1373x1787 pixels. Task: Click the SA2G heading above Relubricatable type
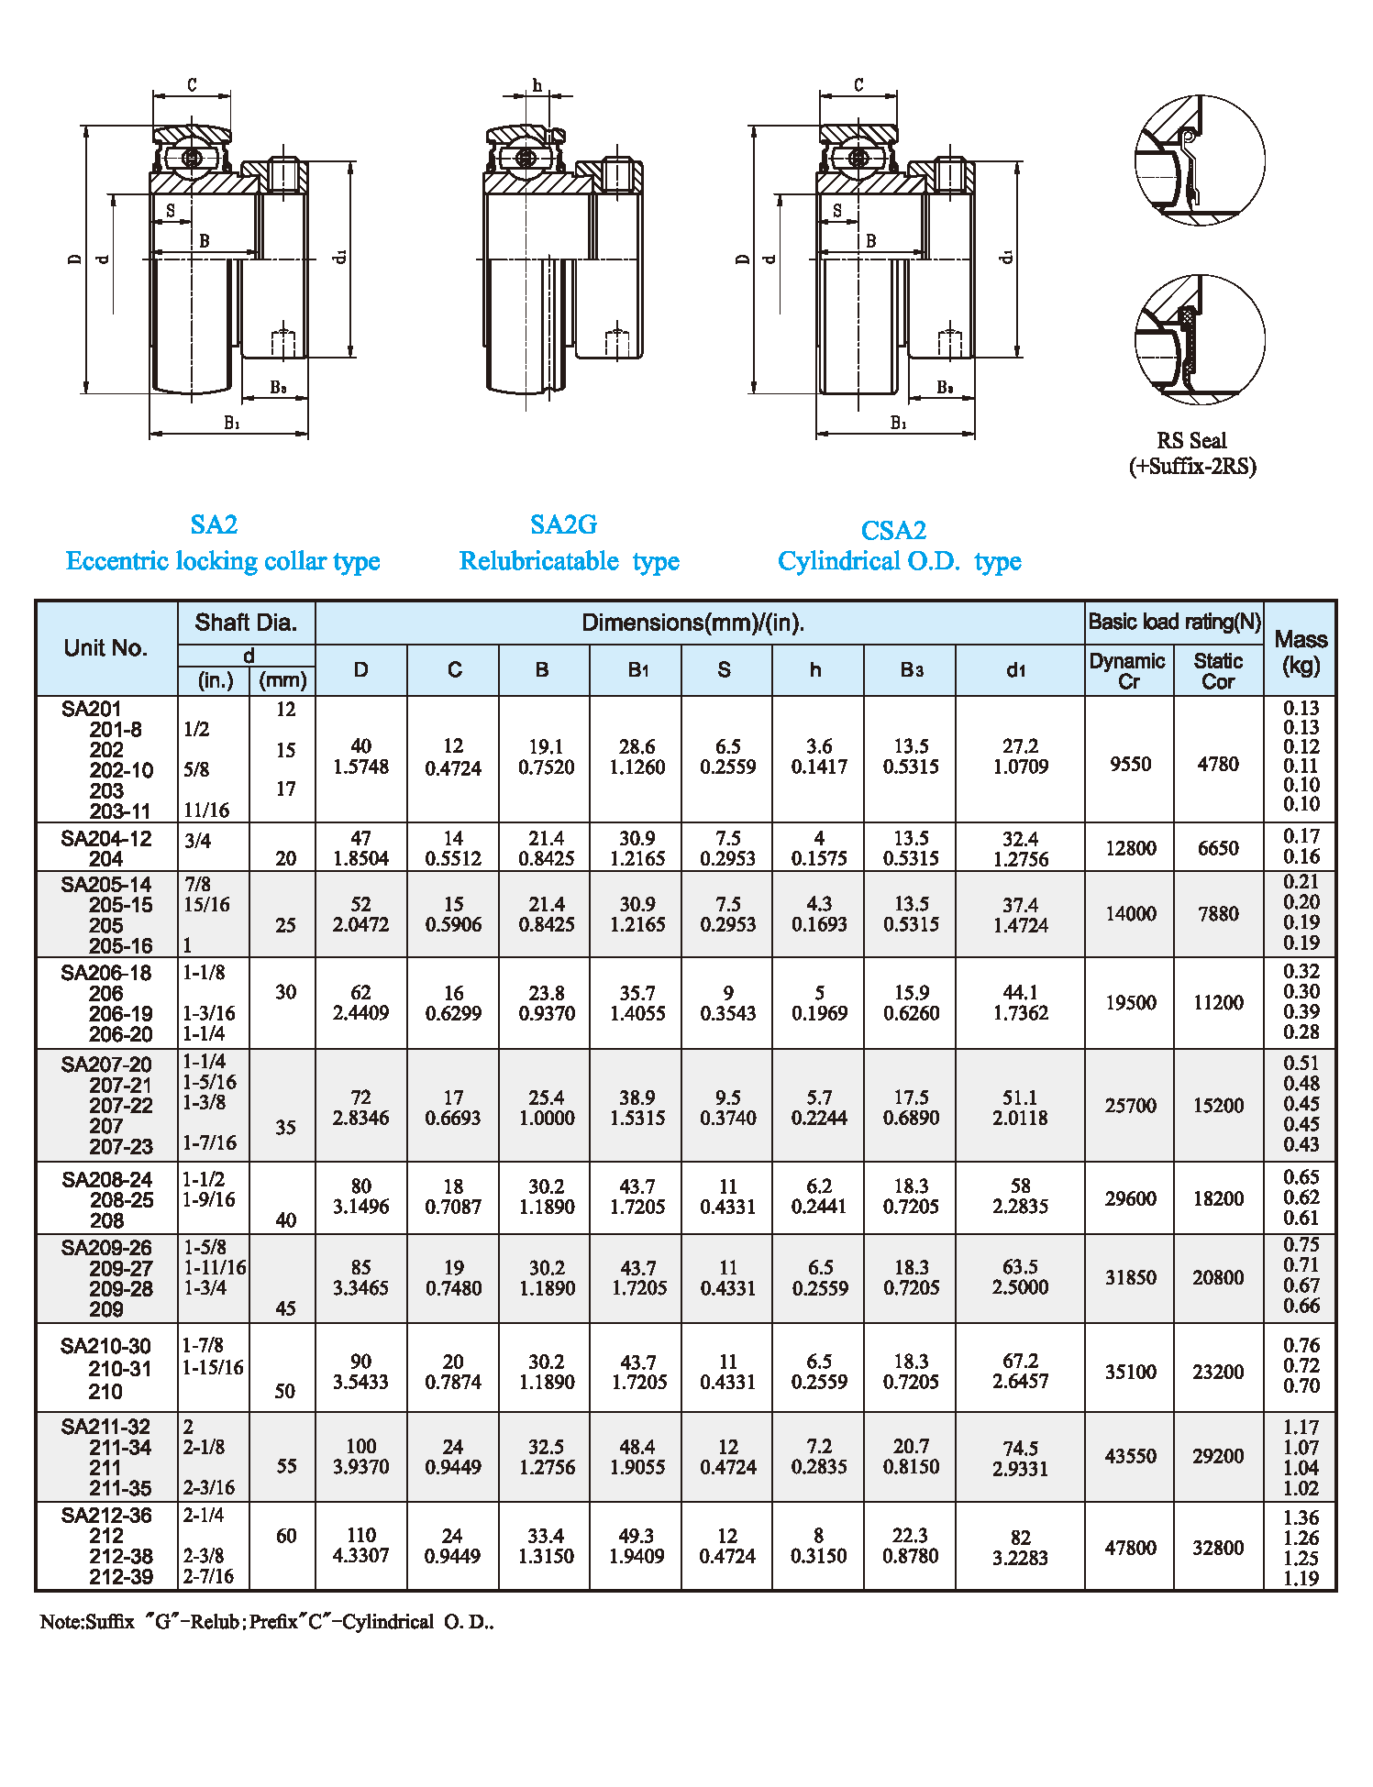coord(563,524)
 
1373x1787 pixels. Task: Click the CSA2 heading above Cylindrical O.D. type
coord(893,530)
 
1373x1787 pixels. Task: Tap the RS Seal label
coord(1191,441)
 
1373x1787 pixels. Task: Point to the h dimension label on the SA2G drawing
coord(537,85)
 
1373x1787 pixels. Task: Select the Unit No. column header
coord(105,648)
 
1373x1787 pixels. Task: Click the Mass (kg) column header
coord(1301,652)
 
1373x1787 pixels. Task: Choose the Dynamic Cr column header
coord(1127,670)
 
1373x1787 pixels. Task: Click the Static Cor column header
coord(1218,670)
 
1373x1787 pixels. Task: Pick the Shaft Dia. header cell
coord(246,623)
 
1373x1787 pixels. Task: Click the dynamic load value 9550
coord(1130,765)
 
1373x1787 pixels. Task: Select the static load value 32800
coord(1218,1548)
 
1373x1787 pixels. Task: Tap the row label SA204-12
coord(106,839)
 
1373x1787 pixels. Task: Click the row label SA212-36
coord(106,1516)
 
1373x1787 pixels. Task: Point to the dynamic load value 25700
coord(1130,1106)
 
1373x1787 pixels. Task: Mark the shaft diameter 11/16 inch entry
coord(206,811)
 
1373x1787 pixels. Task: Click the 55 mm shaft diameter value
coord(286,1466)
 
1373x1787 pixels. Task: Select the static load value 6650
coord(1218,848)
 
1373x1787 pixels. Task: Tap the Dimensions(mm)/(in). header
coord(692,623)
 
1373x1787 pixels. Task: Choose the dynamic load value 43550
coord(1130,1456)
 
